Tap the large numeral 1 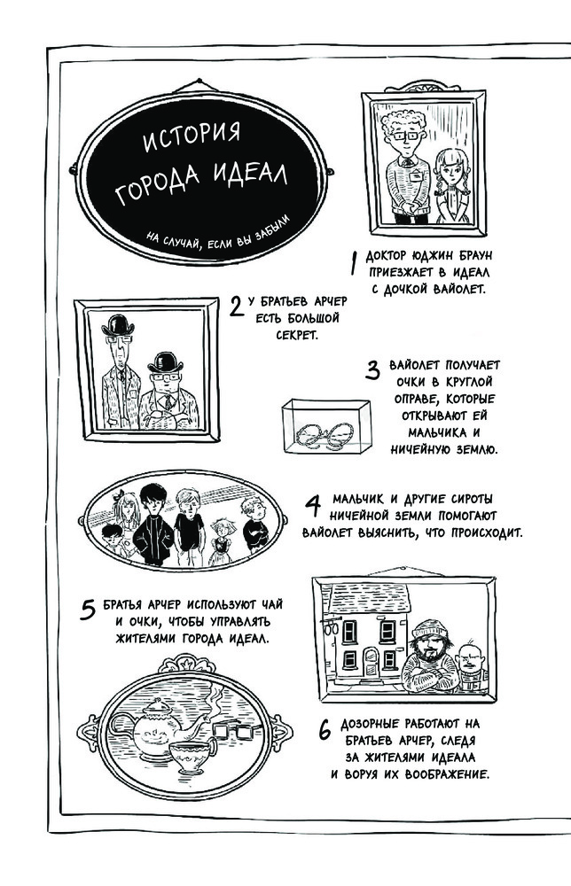click(354, 263)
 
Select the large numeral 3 click(372, 370)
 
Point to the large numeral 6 click(325, 731)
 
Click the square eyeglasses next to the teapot click(233, 731)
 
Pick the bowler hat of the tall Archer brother click(118, 324)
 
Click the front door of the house click(371, 663)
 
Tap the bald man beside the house click(472, 667)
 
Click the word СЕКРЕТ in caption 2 click(297, 335)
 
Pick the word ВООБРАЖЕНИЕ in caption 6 click(447, 774)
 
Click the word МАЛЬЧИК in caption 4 click(357, 499)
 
